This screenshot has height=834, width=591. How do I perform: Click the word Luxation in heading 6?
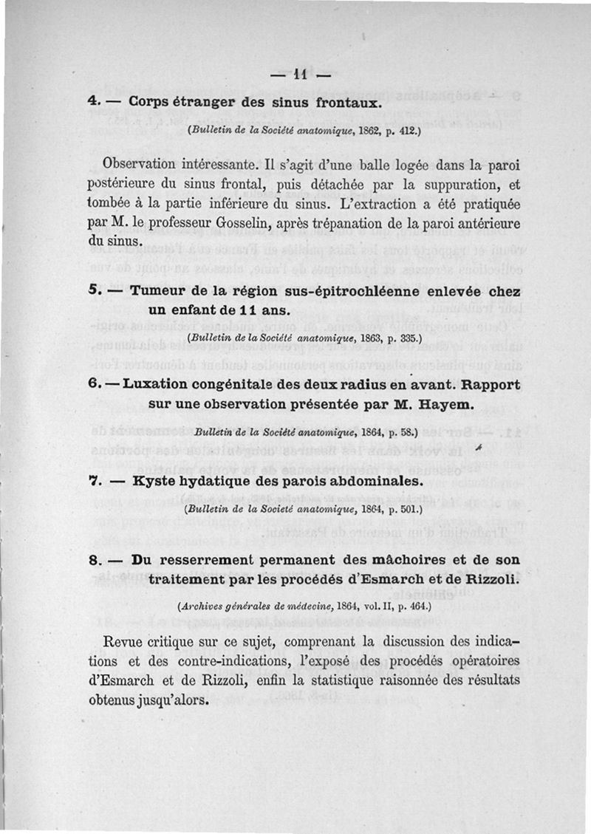(160, 384)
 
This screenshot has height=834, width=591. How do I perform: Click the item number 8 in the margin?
(92, 560)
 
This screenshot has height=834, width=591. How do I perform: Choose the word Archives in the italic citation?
(200, 609)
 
